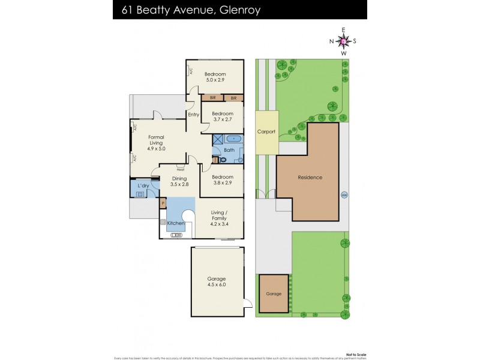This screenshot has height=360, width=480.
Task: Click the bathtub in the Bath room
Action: [233, 139]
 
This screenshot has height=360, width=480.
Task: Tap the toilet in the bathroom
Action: [223, 160]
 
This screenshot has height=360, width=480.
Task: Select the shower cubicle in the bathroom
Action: [217, 139]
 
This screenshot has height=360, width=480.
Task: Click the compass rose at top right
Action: [343, 41]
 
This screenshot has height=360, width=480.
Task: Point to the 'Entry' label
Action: [193, 115]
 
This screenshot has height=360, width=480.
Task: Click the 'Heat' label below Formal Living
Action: [181, 169]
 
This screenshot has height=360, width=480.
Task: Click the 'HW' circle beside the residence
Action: [344, 194]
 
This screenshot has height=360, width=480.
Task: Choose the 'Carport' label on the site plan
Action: [266, 131]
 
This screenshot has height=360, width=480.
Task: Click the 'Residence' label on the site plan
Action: [310, 178]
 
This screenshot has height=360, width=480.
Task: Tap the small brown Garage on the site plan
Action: [274, 294]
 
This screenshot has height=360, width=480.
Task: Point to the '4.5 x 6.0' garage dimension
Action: [217, 286]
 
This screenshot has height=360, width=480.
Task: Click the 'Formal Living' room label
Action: [156, 140]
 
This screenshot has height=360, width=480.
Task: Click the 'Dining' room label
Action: [179, 178]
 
